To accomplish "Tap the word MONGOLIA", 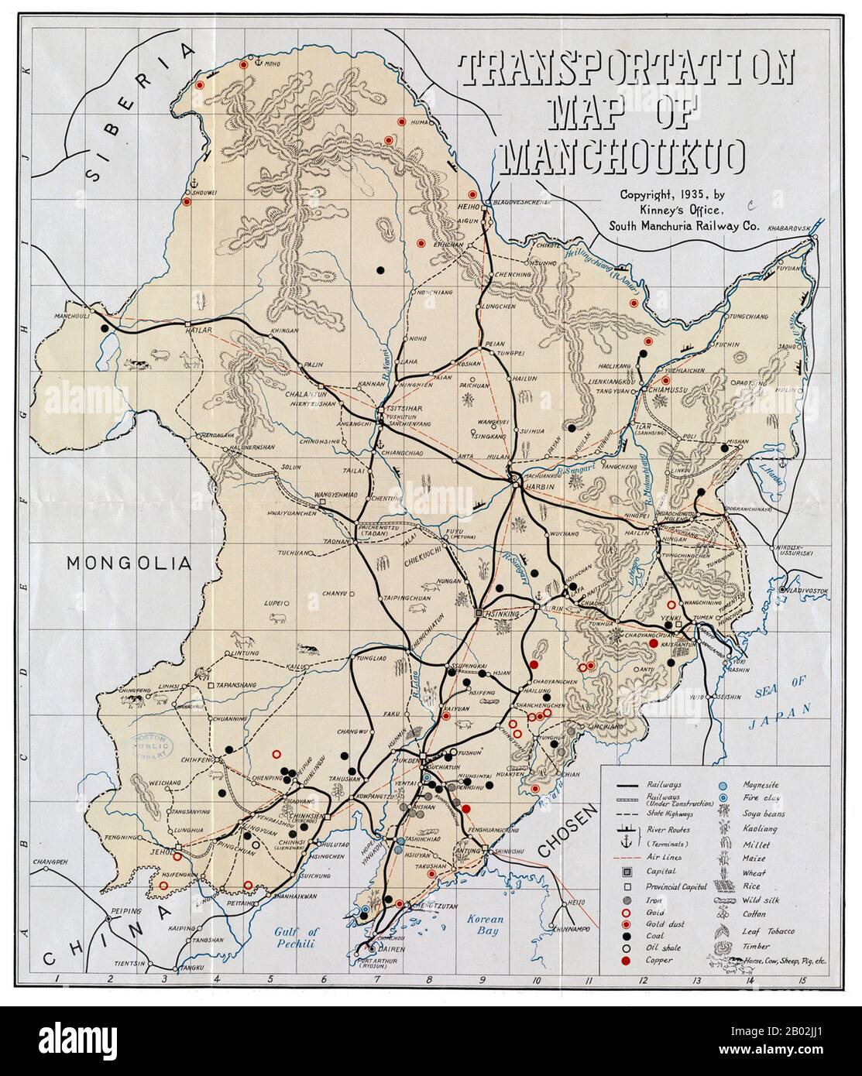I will pos(128,562).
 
